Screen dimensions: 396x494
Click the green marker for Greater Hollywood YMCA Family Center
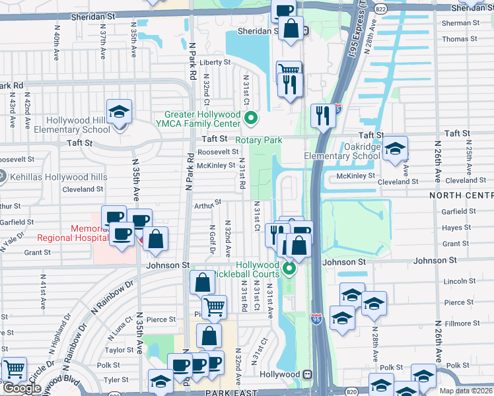point(250,119)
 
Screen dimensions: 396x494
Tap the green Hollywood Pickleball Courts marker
point(289,269)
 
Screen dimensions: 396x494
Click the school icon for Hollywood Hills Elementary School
point(120,112)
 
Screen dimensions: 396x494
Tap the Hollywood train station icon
point(307,374)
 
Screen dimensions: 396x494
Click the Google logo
point(22,387)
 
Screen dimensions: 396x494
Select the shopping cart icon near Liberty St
point(289,70)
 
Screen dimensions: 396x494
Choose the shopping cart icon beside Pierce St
point(213,306)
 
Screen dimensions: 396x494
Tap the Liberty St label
point(215,63)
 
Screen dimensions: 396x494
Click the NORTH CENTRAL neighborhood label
point(462,196)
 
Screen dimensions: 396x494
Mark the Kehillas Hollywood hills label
point(50,176)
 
